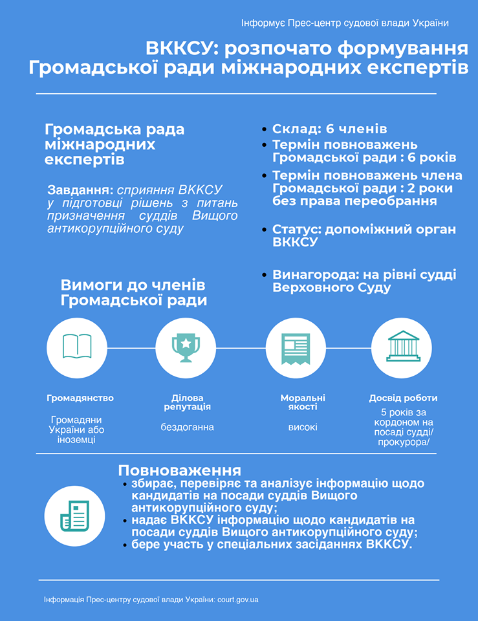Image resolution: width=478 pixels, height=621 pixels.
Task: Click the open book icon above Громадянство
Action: [77, 347]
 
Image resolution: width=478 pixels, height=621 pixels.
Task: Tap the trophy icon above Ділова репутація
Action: [186, 347]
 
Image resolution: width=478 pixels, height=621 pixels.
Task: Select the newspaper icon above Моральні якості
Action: [296, 347]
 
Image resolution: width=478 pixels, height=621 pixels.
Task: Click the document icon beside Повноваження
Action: [74, 515]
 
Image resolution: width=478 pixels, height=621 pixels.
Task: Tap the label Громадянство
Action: [80, 398]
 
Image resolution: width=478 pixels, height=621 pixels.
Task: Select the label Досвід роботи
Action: [403, 398]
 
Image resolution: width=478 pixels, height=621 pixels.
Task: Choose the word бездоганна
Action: [188, 427]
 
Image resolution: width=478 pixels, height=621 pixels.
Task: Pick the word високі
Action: [303, 427]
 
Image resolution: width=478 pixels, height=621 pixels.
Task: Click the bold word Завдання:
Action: [80, 190]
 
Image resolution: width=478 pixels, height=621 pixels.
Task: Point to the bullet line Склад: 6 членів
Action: [329, 129]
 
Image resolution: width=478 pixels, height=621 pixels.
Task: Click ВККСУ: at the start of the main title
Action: [183, 49]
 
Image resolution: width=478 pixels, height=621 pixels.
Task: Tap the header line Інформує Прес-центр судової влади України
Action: [345, 23]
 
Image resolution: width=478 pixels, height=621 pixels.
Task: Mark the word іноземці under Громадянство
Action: [77, 440]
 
